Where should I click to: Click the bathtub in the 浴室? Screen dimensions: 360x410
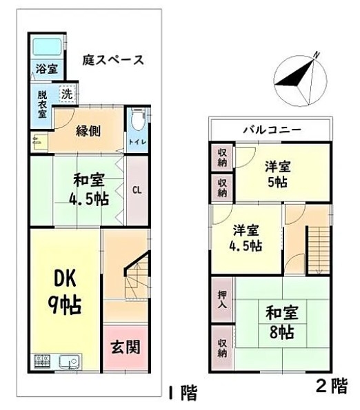[48, 47]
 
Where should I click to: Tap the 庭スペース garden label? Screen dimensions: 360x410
[113, 60]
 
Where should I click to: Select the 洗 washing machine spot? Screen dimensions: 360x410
[67, 94]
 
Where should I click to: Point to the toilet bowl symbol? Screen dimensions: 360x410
[137, 121]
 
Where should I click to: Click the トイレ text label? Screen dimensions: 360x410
[137, 142]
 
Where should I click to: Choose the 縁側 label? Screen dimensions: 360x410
[88, 131]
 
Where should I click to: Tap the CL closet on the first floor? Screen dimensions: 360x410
[137, 190]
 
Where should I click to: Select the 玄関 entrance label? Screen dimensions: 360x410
[126, 347]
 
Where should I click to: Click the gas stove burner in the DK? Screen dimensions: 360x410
[42, 362]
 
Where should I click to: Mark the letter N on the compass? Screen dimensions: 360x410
[317, 55]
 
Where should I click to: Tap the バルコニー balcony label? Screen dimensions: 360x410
[272, 130]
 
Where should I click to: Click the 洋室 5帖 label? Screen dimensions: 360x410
[278, 174]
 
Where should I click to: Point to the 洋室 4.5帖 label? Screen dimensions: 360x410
[246, 238]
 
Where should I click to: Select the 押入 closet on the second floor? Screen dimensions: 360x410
[222, 299]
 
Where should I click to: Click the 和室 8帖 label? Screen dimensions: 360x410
[282, 322]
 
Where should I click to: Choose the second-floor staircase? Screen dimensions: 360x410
[319, 250]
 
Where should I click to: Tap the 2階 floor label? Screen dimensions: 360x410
[332, 386]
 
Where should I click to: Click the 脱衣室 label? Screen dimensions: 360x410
[42, 104]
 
